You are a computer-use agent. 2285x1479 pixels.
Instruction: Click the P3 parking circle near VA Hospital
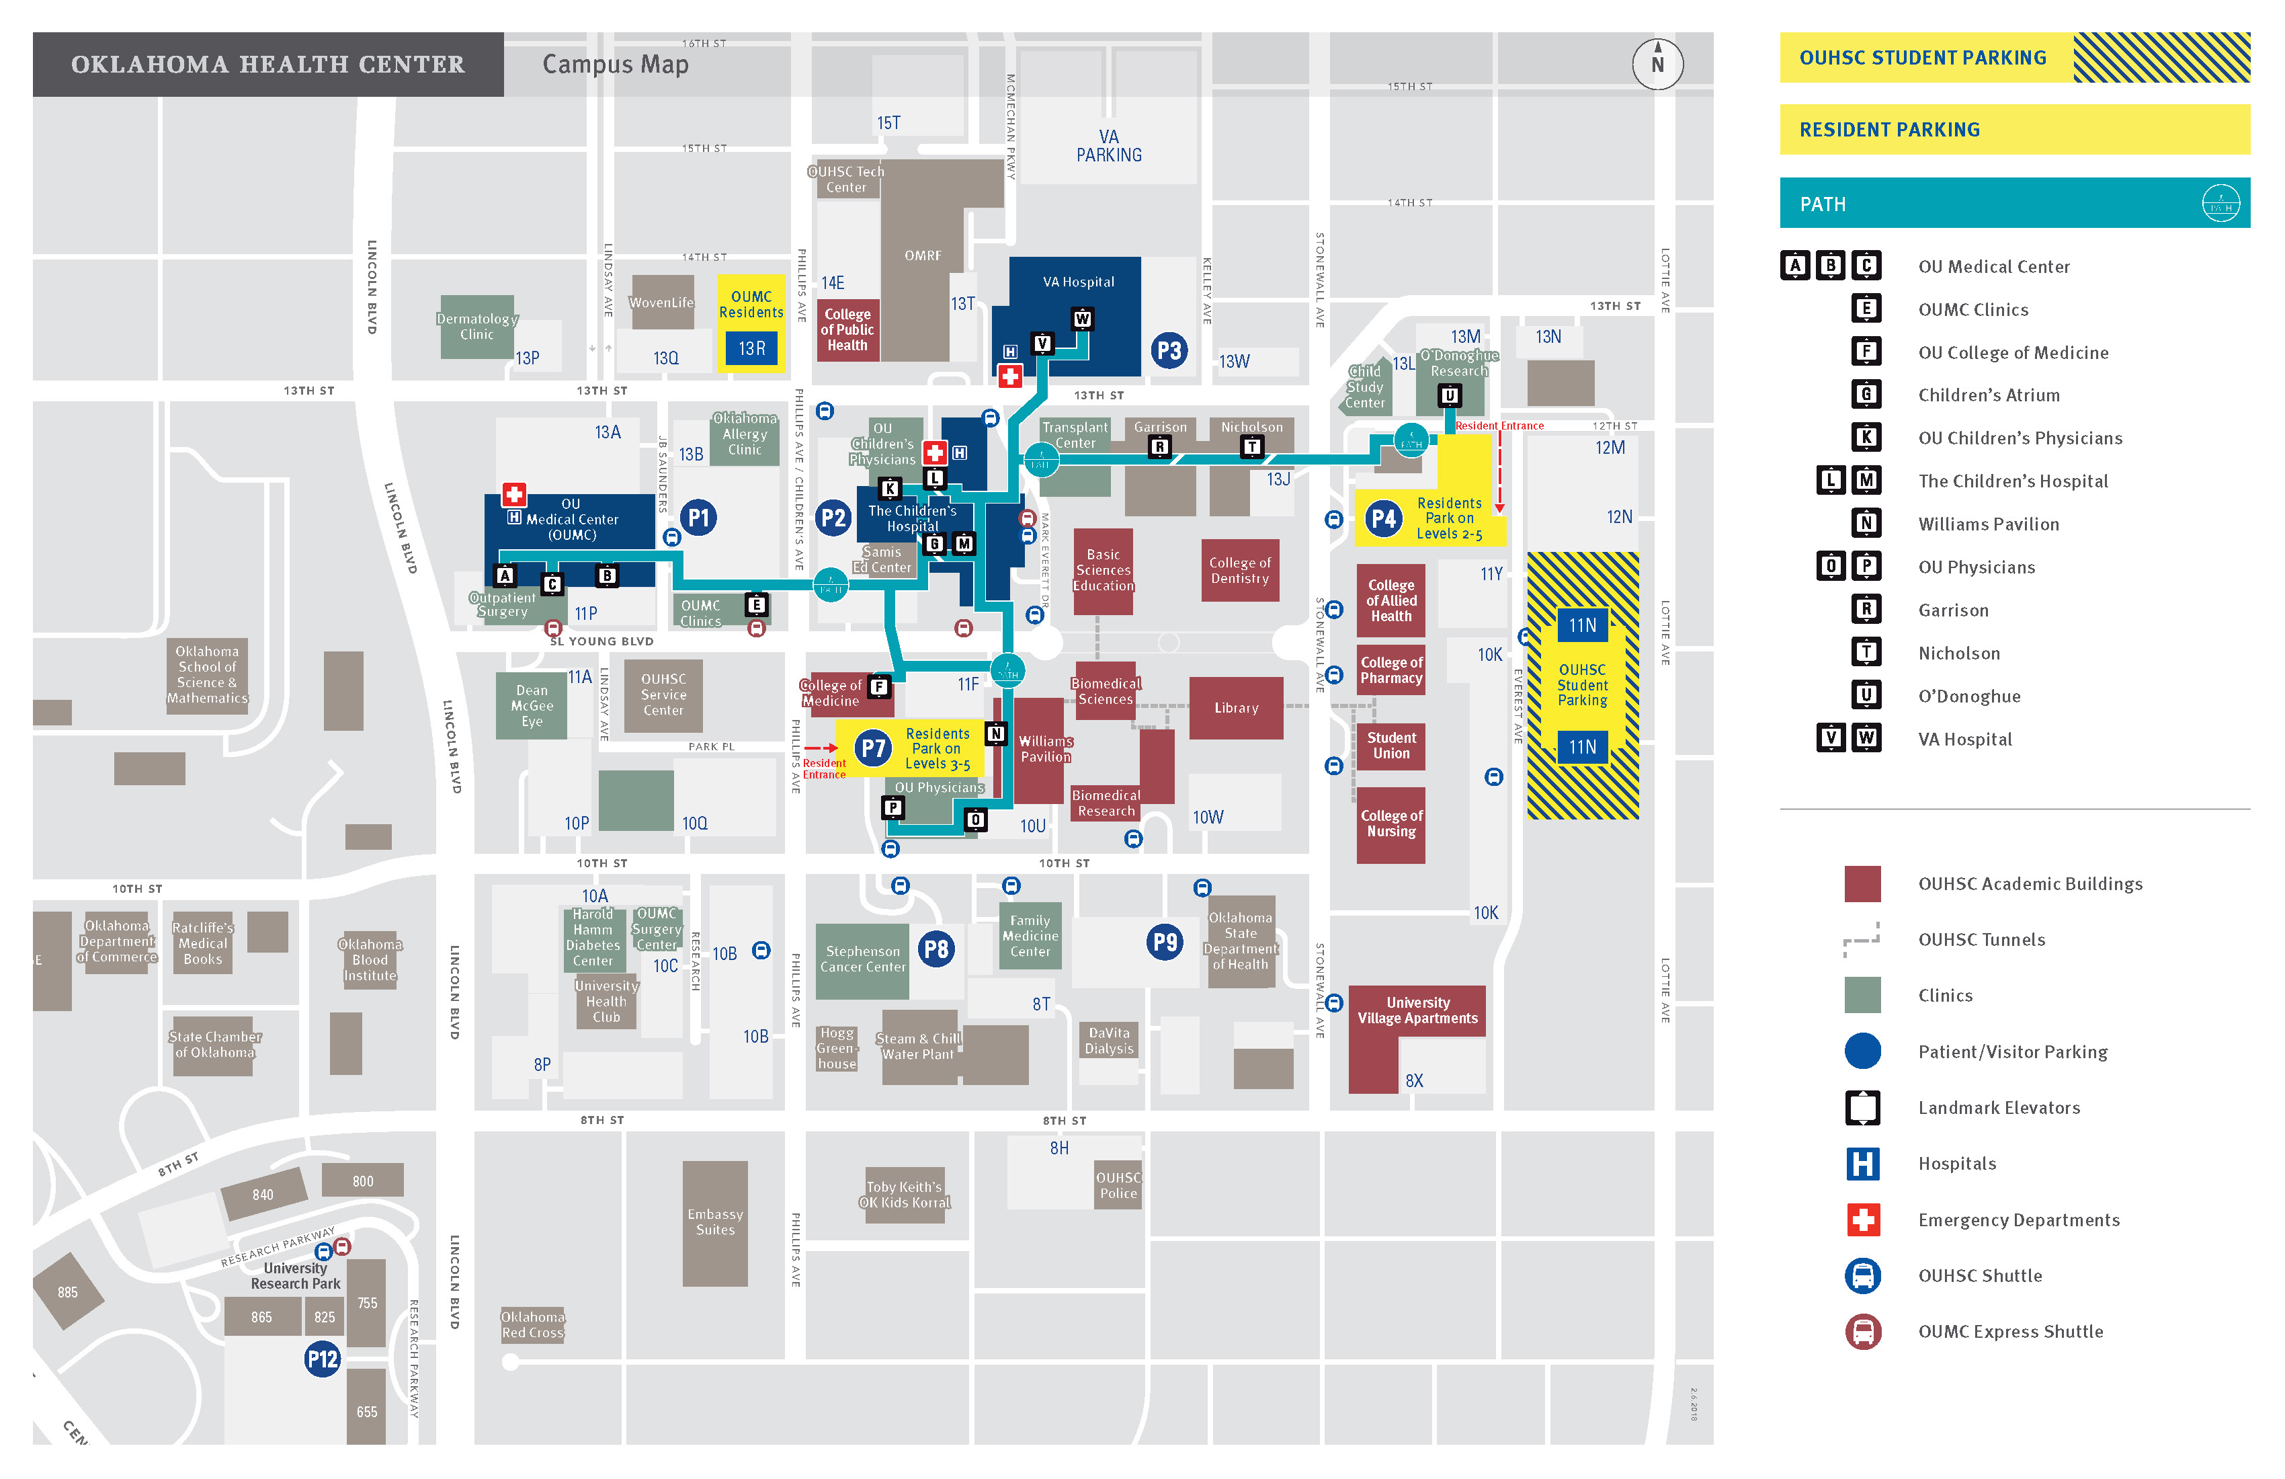coord(1169,350)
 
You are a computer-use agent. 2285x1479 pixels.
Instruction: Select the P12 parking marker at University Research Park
coord(323,1358)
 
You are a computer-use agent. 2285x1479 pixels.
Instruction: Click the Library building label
coord(1236,708)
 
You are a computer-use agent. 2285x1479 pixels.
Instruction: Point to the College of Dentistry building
coord(1239,571)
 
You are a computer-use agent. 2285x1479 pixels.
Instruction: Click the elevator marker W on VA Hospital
coord(1082,319)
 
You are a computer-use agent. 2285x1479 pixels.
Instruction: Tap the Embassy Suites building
coord(714,1222)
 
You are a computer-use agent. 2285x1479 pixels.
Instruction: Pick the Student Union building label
coord(1391,746)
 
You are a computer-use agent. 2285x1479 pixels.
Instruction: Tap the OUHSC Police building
coord(1118,1185)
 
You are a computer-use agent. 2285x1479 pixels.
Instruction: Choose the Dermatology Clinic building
coord(476,327)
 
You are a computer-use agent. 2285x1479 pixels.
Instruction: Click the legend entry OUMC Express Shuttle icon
coord(1862,1331)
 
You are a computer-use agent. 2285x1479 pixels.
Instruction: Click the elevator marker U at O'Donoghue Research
coord(1449,395)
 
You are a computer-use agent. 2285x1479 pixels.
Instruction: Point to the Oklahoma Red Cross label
coord(533,1324)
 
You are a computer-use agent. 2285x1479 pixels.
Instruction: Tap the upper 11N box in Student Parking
coord(1582,625)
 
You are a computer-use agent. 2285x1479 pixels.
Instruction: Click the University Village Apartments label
coord(1417,1010)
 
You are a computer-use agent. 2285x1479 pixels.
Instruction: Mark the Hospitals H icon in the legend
coord(1862,1164)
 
